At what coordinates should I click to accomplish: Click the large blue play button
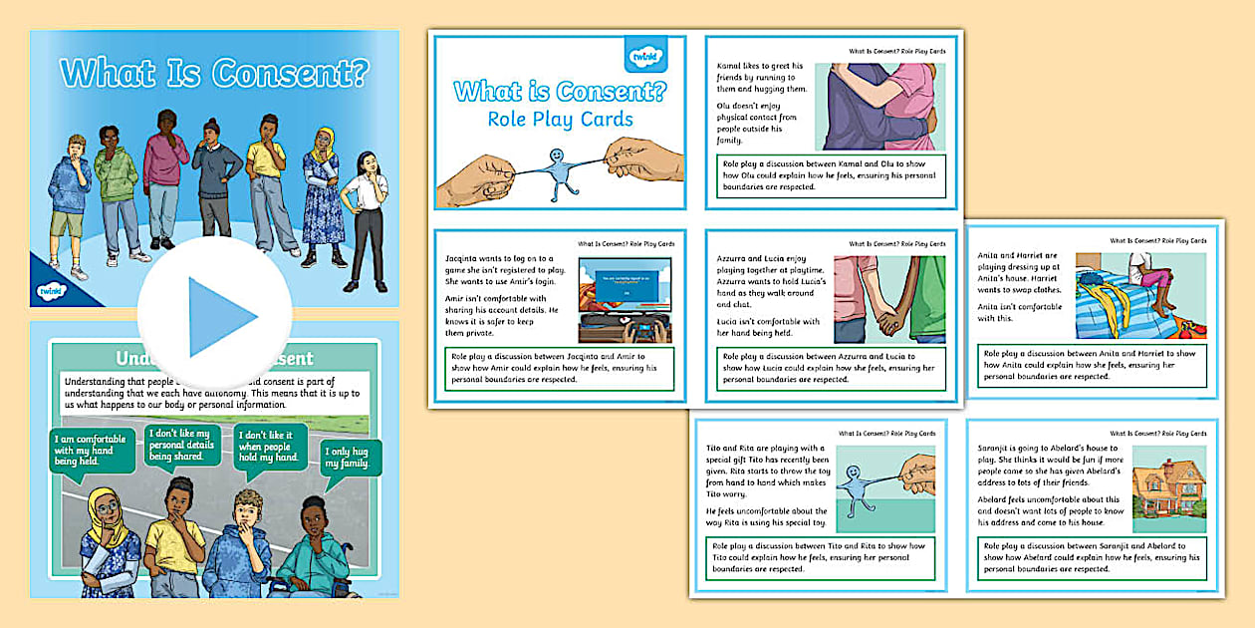(214, 316)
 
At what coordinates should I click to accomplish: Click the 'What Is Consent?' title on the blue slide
(214, 73)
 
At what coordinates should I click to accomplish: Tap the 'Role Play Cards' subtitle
(560, 120)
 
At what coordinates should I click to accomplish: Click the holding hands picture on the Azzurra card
(889, 298)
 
